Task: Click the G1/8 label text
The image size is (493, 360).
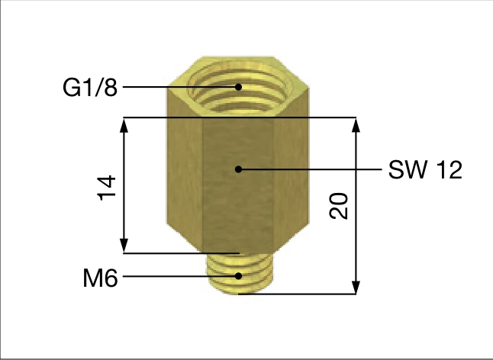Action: click(90, 88)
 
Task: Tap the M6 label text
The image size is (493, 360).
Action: click(100, 278)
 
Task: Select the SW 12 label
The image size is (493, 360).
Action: click(425, 170)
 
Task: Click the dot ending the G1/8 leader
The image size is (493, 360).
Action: click(239, 87)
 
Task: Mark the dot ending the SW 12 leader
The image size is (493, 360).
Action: click(239, 169)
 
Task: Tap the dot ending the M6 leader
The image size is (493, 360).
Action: click(239, 276)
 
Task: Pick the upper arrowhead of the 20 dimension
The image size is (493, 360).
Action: click(355, 127)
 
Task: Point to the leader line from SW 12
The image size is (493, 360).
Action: click(313, 169)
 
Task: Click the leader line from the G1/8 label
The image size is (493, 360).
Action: click(179, 87)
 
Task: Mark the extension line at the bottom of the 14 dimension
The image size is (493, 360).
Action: click(183, 253)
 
